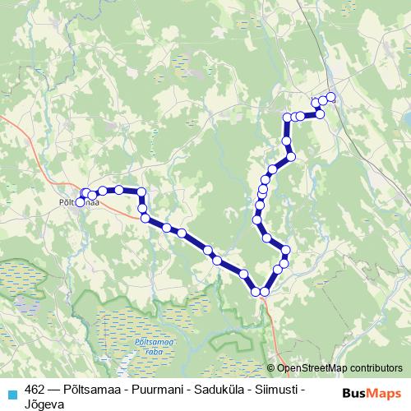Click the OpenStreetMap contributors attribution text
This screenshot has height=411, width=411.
click(339, 369)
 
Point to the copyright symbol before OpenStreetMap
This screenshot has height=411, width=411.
click(270, 369)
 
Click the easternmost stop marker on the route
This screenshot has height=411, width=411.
click(331, 97)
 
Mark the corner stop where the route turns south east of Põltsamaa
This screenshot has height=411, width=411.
click(141, 192)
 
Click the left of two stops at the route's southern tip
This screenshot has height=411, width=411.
click(256, 292)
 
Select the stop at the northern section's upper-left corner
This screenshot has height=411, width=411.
click(287, 118)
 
